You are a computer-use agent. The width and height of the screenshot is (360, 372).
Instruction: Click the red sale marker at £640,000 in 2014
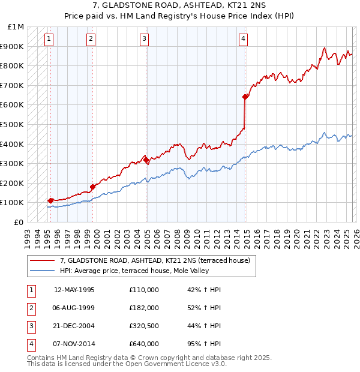(x=245, y=97)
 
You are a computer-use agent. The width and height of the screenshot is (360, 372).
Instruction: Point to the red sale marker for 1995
(x=50, y=200)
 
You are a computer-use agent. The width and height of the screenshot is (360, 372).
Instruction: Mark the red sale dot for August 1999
(x=92, y=187)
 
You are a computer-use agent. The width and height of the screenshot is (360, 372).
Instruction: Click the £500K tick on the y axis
(x=12, y=124)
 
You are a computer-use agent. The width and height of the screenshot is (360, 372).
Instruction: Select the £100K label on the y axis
(x=12, y=203)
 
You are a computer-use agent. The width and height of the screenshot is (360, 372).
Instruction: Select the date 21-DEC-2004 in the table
(x=74, y=326)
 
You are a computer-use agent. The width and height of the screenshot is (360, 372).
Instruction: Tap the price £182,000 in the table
(x=144, y=308)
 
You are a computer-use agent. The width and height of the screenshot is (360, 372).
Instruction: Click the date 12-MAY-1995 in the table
(x=74, y=290)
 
